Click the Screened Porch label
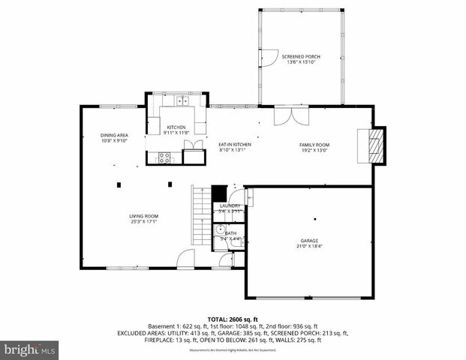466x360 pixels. (300, 56)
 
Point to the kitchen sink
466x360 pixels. (182, 99)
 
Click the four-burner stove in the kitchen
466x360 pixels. (164, 157)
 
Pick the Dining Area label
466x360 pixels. (115, 135)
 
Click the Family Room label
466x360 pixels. (314, 145)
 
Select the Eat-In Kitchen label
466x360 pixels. (234, 145)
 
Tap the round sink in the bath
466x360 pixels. (221, 241)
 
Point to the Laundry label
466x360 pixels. (230, 205)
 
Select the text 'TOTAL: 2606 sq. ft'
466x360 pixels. (233, 319)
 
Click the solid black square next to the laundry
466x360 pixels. (219, 193)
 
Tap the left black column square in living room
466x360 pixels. (119, 183)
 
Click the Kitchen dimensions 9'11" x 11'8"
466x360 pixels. (176, 133)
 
